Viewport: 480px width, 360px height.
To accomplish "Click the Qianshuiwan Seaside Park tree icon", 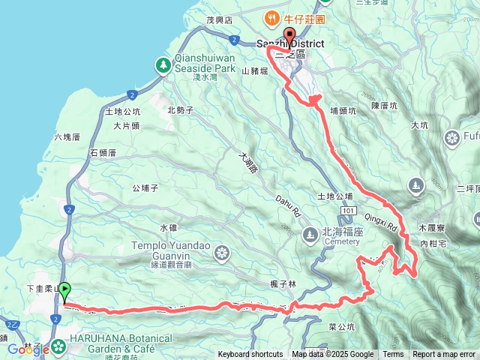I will pyautogui.click(x=163, y=65).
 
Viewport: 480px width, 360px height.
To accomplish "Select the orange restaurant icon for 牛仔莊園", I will pyautogui.click(x=268, y=18).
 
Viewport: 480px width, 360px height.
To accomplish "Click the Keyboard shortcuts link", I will pyautogui.click(x=250, y=355).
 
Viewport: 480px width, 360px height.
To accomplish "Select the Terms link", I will pyautogui.click(x=393, y=355).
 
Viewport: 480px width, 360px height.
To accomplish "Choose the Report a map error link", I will pyautogui.click(x=444, y=355).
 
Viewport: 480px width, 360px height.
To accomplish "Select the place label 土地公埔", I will pyautogui.click(x=334, y=196).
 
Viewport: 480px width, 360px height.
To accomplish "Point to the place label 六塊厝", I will pyautogui.click(x=67, y=136).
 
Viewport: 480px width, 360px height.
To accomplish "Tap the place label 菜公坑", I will pyautogui.click(x=341, y=327).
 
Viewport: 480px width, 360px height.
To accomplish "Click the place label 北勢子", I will pyautogui.click(x=181, y=110).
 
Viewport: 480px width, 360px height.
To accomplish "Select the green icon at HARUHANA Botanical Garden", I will pyautogui.click(x=58, y=346).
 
